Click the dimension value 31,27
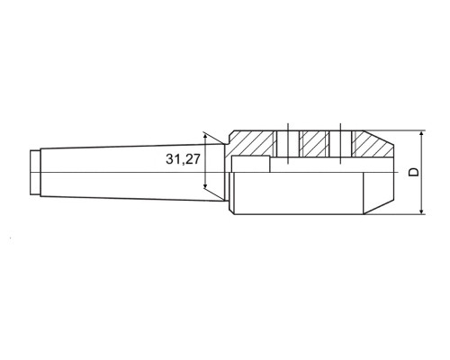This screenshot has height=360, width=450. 183,159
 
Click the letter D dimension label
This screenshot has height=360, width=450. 414,172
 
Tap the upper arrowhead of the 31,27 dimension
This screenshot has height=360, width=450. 205,137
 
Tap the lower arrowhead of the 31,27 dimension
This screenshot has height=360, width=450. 205,185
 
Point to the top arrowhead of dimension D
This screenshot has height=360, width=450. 421,134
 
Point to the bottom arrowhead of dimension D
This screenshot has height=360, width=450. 421,211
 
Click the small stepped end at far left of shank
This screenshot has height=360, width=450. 35,172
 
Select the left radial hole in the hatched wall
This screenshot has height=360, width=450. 288,144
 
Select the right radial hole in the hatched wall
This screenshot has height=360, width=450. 340,144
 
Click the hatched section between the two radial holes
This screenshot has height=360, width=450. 314,144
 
